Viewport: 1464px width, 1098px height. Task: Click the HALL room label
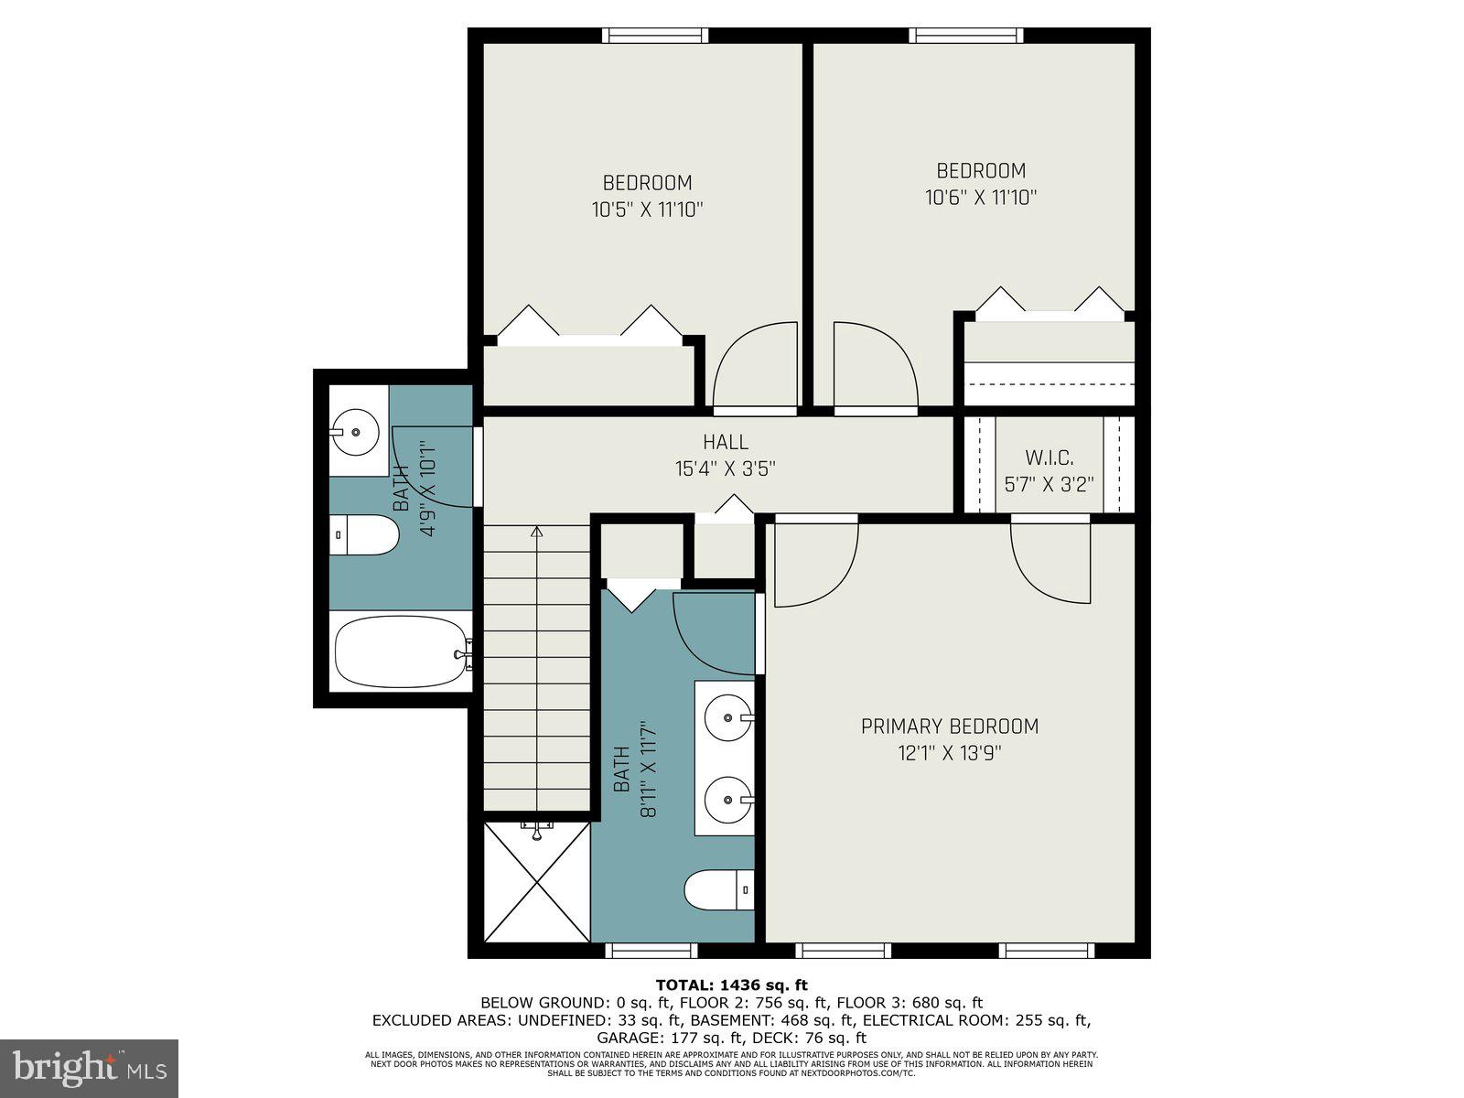point(725,442)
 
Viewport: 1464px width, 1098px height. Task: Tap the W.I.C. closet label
point(1049,457)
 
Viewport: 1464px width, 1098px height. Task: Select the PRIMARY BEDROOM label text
point(950,727)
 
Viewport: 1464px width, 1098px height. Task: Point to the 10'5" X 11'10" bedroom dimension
point(647,210)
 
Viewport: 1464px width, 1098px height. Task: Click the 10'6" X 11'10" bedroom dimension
point(981,198)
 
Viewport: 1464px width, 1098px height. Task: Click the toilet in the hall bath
point(364,534)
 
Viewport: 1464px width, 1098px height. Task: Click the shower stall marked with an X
point(537,882)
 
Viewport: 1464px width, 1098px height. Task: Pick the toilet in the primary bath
point(719,889)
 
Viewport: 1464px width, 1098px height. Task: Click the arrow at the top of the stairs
point(537,531)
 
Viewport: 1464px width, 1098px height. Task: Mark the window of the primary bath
point(653,952)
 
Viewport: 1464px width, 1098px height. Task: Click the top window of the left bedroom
point(655,36)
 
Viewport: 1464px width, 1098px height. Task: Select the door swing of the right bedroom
point(874,366)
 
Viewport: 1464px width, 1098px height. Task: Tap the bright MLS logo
point(89,1068)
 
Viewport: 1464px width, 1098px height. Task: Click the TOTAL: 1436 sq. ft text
point(731,985)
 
